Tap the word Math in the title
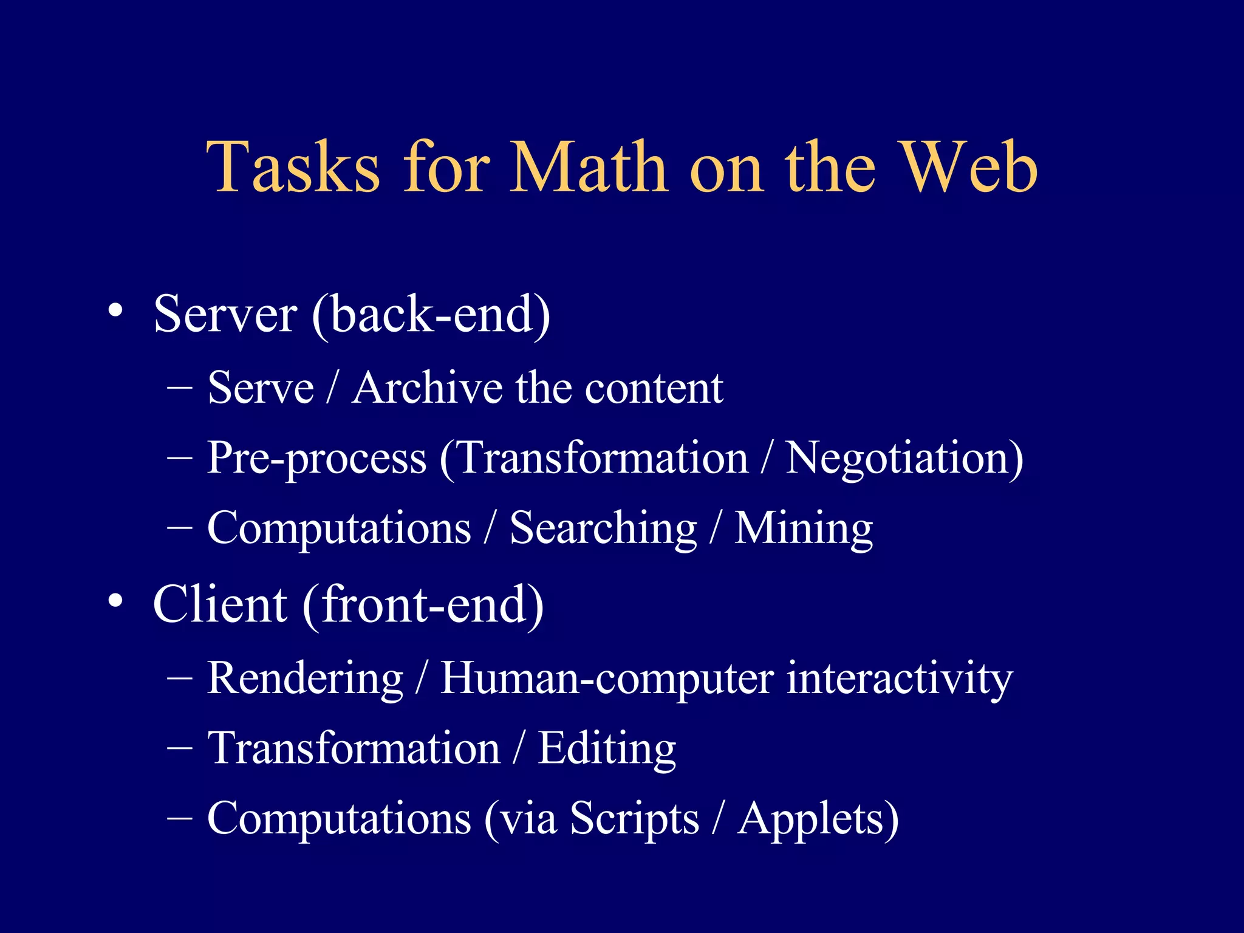588,167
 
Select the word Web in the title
968,167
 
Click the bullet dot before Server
115,311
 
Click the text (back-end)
431,315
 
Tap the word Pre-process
316,458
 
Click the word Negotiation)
904,458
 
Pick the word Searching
603,528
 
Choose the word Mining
804,528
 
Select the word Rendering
305,678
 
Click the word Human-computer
607,678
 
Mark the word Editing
607,748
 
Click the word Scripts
634,819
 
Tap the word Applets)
818,819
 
